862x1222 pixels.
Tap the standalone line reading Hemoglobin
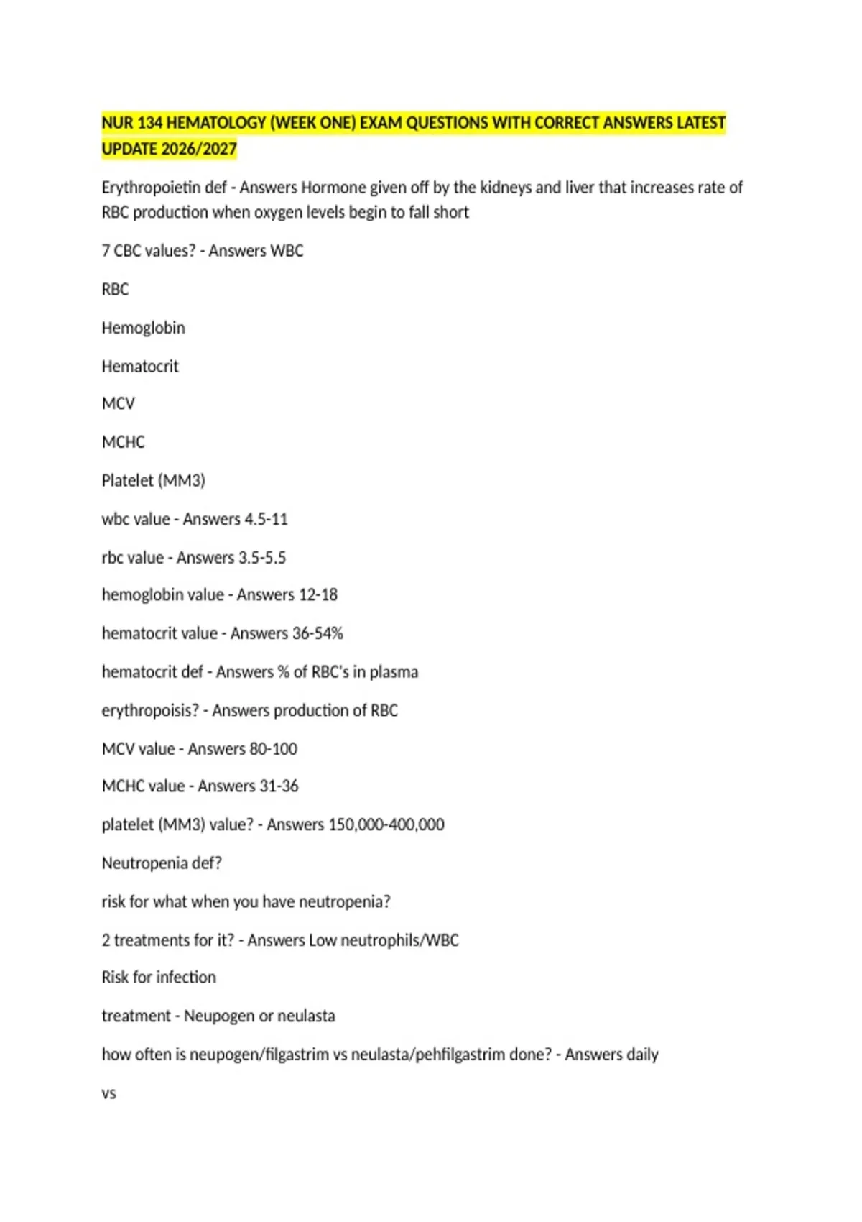143,328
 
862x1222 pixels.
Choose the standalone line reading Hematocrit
140,367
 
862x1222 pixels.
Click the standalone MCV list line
119,403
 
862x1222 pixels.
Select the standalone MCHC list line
123,442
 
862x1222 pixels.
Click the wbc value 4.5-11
266,519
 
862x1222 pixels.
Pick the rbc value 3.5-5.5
261,558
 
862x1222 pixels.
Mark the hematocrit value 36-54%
317,633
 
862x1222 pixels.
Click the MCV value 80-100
272,749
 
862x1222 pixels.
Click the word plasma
394,672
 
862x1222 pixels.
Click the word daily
641,1055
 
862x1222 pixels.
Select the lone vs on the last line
108,1093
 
